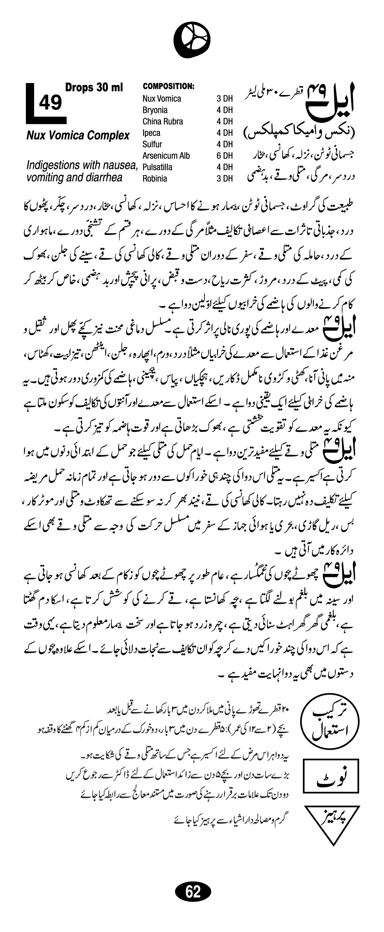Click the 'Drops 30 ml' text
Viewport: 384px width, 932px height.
click(94, 88)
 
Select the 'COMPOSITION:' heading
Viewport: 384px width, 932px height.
click(168, 86)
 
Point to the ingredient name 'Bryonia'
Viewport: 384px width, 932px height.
click(155, 110)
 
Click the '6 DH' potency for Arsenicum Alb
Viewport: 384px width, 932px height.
click(225, 156)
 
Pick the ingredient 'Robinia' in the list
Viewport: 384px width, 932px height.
click(155, 179)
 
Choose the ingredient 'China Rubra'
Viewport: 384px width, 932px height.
click(163, 121)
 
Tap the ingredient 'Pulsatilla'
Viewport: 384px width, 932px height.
click(157, 167)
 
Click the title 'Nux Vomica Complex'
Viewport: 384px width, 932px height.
click(78, 136)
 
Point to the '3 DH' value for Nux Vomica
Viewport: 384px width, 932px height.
click(225, 99)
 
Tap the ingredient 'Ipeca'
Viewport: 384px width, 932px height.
click(151, 133)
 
